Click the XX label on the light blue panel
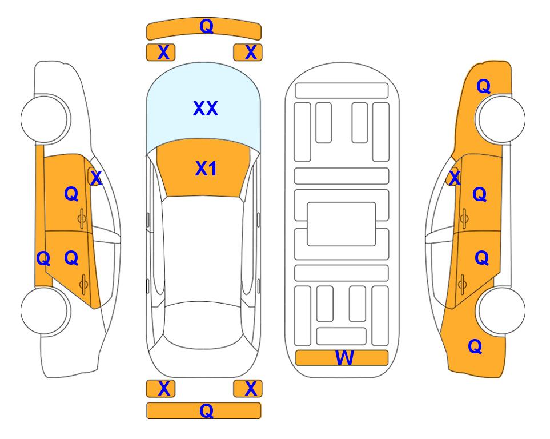pos(206,109)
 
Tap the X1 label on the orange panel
pos(206,169)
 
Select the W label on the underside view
pos(344,358)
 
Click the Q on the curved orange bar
pos(206,26)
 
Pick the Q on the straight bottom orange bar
pos(206,410)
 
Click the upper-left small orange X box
pos(160,53)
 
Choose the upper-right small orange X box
pos(248,53)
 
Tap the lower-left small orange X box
pos(160,389)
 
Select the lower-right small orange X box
pos(248,389)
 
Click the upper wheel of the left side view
pos(46,119)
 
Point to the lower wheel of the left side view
pos(46,310)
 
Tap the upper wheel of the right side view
pos(500,119)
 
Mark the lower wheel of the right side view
pos(500,310)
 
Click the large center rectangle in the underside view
pos(342,224)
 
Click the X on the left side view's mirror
pos(96,178)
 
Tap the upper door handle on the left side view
pos(82,219)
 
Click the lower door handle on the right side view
pos(463,284)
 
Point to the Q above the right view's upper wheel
pos(483,86)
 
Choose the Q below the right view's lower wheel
pos(475,346)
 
